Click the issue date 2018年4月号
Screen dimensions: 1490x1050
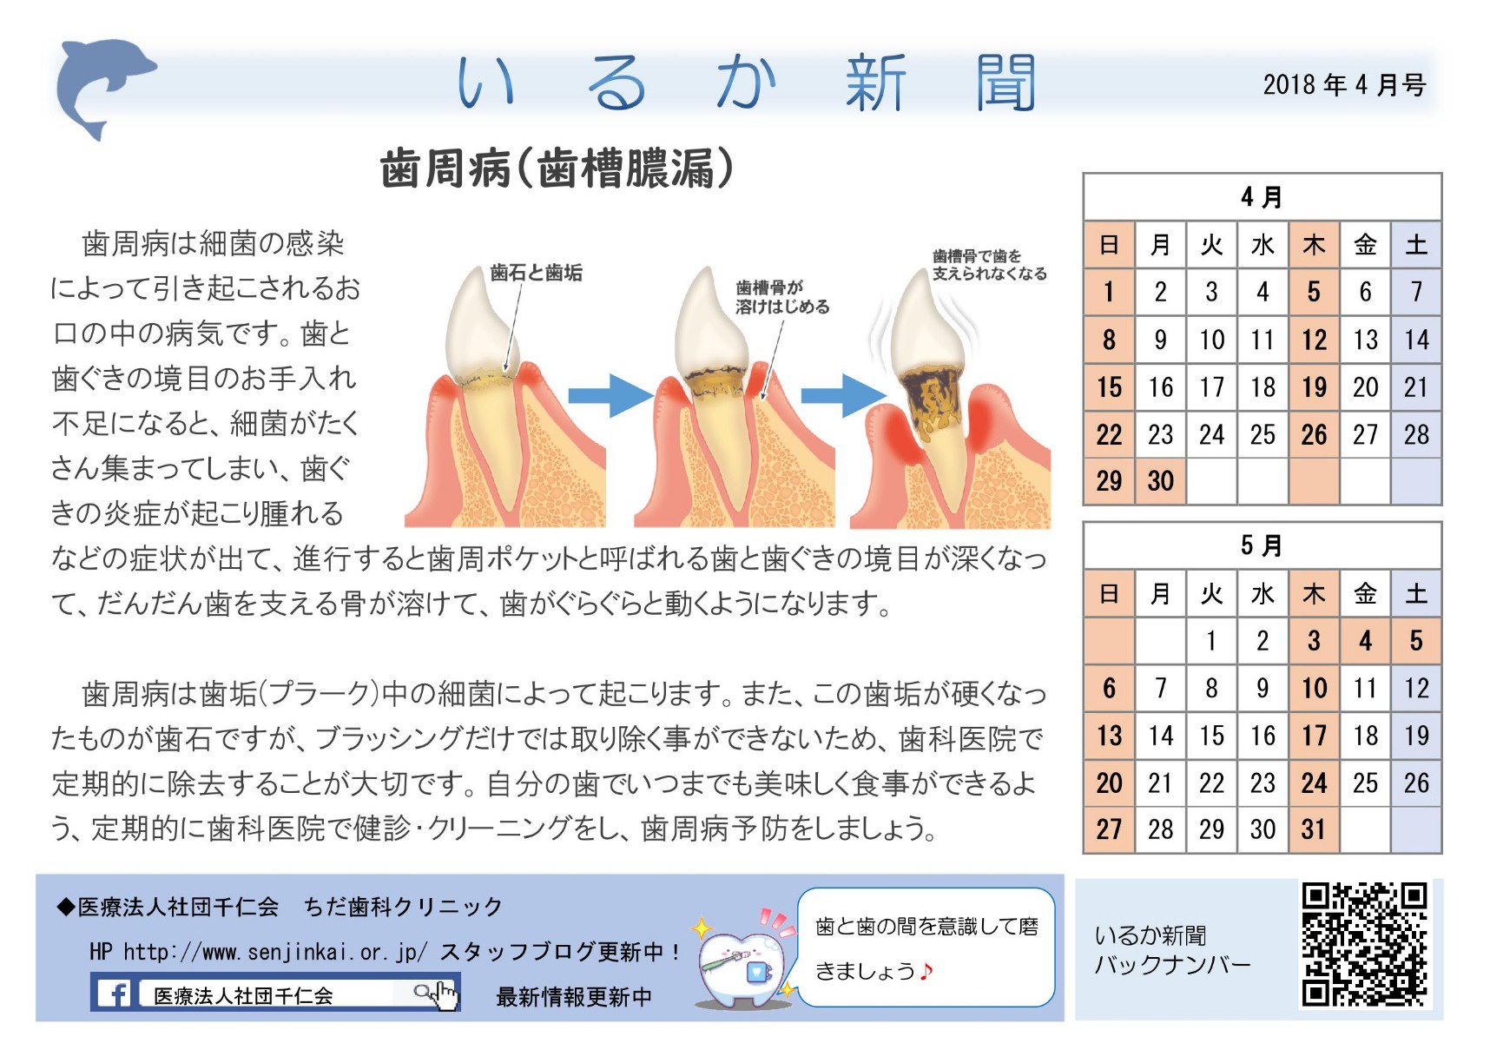tap(1344, 85)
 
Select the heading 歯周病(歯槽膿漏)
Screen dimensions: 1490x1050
tap(557, 168)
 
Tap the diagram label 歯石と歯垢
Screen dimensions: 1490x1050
tap(536, 273)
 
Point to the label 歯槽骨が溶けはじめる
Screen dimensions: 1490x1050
tap(782, 297)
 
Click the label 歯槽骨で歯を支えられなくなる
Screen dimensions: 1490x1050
tap(989, 265)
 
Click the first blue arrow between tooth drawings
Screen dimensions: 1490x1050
tap(610, 396)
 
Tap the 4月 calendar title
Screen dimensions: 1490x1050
tap(1262, 197)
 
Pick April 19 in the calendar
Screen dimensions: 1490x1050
tap(1314, 387)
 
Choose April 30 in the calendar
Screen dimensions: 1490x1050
tap(1160, 481)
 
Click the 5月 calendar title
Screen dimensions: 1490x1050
tap(1262, 545)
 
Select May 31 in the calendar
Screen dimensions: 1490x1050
tap(1314, 829)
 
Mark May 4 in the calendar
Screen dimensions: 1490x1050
tap(1365, 641)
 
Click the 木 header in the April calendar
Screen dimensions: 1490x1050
tap(1314, 245)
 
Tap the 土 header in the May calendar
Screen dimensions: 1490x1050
tap(1416, 594)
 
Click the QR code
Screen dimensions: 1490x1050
tap(1364, 944)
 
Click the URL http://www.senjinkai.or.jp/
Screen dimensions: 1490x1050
tap(275, 953)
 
